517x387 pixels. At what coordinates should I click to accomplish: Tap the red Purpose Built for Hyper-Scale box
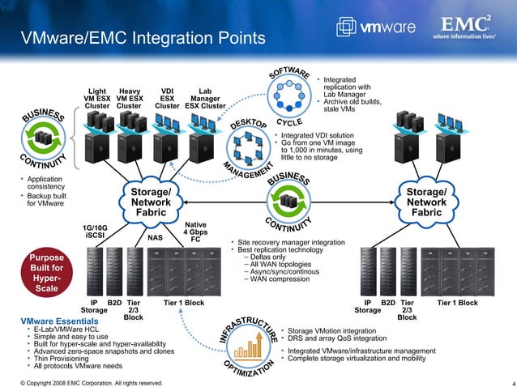(x=41, y=273)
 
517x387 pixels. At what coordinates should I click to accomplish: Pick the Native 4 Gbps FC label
(x=194, y=232)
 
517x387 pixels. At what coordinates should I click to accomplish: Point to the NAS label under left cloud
(x=156, y=238)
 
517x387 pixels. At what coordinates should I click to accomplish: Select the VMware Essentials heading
(x=53, y=321)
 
